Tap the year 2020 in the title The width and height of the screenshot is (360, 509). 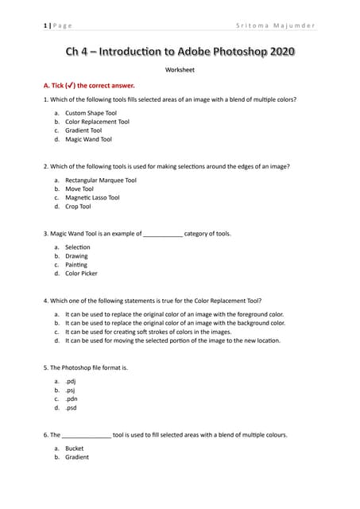tap(282, 52)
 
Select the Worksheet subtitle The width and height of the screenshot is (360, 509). tap(180, 71)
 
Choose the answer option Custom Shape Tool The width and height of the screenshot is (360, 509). tap(91, 114)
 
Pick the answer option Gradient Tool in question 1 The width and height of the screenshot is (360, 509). tap(83, 130)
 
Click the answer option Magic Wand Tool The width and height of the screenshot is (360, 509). tap(88, 139)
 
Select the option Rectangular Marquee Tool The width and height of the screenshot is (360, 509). tap(100, 181)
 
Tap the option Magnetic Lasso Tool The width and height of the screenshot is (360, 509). tap(92, 198)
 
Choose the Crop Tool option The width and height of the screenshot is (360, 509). tap(78, 207)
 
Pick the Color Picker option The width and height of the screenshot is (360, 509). tap(81, 274)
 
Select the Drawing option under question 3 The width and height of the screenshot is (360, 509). tap(77, 256)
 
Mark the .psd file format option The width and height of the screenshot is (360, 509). tap(72, 408)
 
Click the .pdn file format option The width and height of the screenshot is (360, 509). tap(72, 399)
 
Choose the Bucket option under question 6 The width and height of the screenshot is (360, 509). tap(75, 449)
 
